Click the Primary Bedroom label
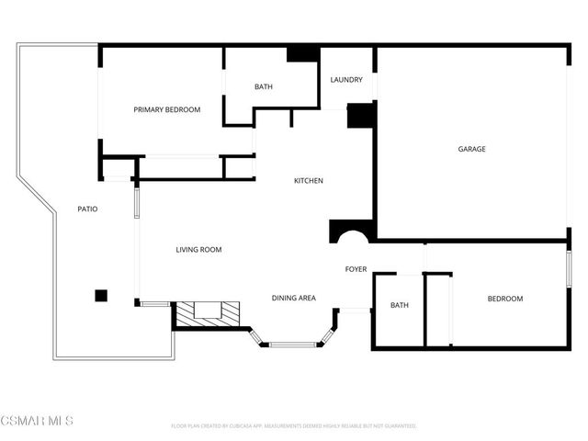166,110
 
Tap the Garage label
472,149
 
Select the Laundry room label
346,80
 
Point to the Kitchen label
308,181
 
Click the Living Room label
198,250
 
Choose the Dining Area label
294,298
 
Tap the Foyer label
356,269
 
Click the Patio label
87,209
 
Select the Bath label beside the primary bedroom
264,87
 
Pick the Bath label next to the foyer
399,305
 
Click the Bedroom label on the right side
504,299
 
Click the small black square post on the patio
101,295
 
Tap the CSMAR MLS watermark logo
37,421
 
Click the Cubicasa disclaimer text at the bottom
294,426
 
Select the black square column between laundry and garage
361,115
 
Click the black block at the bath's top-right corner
302,53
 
